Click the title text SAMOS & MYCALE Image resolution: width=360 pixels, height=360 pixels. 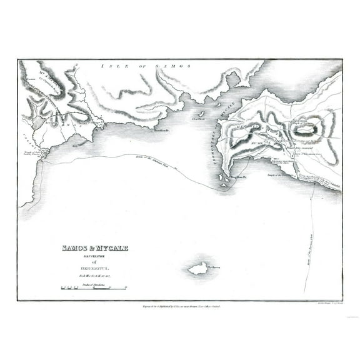(x=95, y=248)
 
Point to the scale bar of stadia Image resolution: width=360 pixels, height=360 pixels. (x=94, y=289)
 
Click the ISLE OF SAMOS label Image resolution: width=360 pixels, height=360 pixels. (x=147, y=65)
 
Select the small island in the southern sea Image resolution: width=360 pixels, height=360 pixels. (x=198, y=268)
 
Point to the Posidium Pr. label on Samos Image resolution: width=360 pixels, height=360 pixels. (x=163, y=130)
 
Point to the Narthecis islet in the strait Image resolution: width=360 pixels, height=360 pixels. (x=202, y=112)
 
